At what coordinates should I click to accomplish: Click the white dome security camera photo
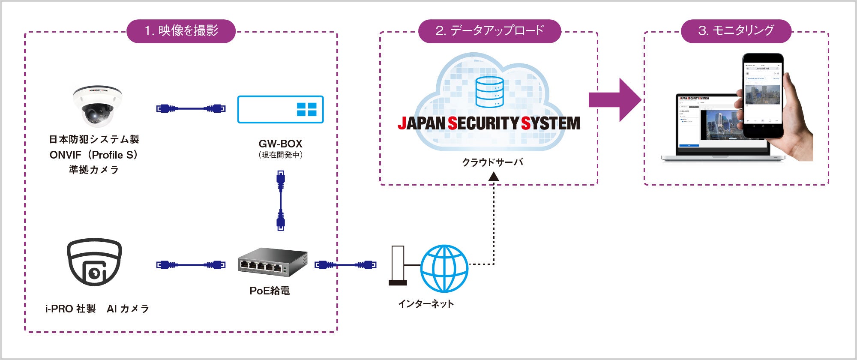(x=97, y=106)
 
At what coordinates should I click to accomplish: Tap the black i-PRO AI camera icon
(x=94, y=262)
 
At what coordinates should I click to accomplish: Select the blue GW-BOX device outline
(x=280, y=109)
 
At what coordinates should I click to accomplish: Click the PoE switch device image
(x=273, y=262)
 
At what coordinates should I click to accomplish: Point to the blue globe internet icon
(x=444, y=268)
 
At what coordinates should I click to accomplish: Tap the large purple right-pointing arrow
(x=614, y=100)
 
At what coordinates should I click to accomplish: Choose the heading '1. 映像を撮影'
(x=181, y=31)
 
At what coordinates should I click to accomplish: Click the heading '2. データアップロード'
(x=489, y=31)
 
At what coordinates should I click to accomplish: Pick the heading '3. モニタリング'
(x=736, y=31)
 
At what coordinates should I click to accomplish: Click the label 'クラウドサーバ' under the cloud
(x=492, y=162)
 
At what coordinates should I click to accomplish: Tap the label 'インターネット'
(x=426, y=304)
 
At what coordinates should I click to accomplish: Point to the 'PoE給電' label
(x=270, y=291)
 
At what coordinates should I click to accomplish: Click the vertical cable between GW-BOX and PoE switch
(x=281, y=201)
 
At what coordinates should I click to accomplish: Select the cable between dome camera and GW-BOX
(x=191, y=108)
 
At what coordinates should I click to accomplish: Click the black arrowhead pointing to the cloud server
(x=494, y=177)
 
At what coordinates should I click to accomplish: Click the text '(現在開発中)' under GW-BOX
(x=281, y=155)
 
